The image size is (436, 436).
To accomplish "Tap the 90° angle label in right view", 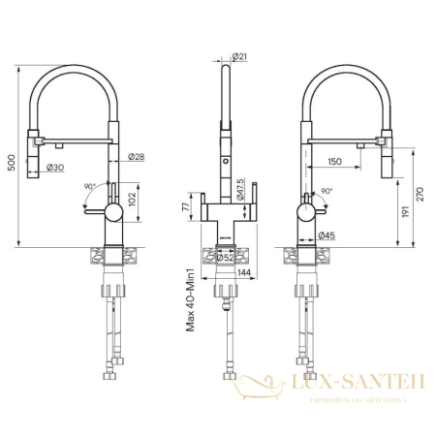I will [x=327, y=192].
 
